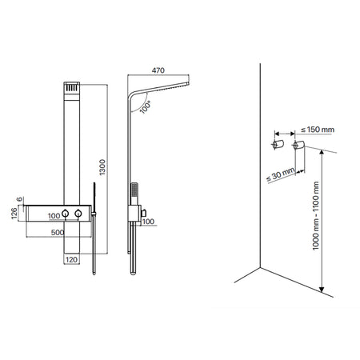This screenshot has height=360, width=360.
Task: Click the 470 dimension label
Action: pos(158,70)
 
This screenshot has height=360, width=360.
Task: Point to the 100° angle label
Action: pos(146,107)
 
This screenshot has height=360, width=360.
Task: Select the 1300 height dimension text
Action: pos(102,167)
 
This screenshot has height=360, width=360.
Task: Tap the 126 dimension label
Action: pos(14,214)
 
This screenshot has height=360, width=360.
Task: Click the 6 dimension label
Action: pos(19,199)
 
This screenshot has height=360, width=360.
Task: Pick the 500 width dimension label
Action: pos(58,233)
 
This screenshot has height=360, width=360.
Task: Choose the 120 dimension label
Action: pos(71,260)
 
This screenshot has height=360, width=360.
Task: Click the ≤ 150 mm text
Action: pos(318,130)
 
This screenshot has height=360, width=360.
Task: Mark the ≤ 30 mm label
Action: pos(281,174)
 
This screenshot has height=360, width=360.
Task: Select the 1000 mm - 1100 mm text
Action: pos(316,216)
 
